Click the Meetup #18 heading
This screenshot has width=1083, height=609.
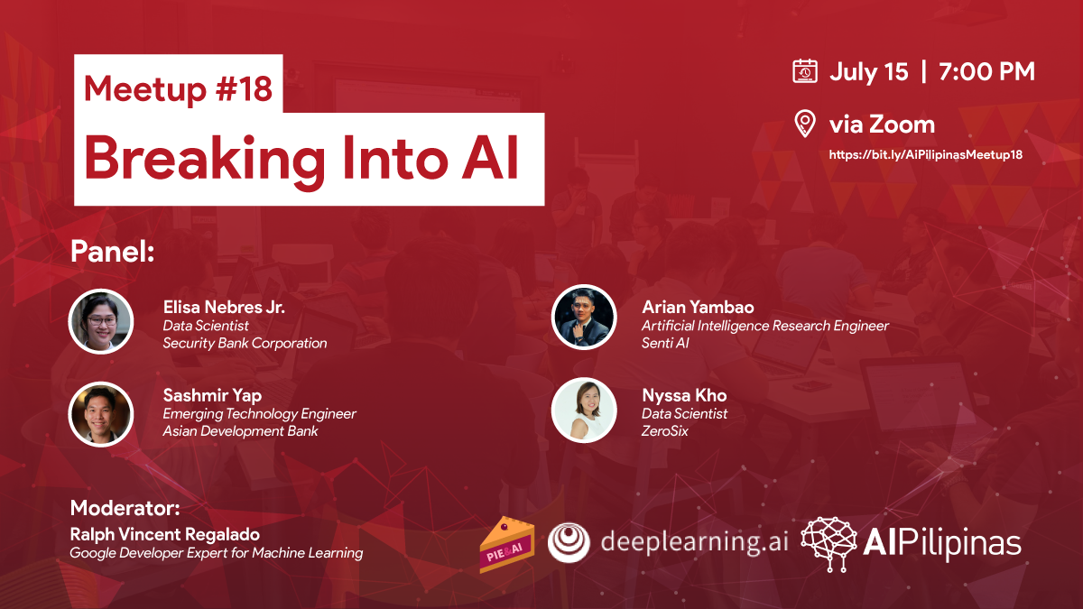(x=178, y=89)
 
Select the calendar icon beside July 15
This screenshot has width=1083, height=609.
(x=805, y=71)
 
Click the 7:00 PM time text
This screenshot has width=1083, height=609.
(x=986, y=71)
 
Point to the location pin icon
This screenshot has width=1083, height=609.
(x=805, y=124)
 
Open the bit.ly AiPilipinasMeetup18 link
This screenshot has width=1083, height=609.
(x=925, y=154)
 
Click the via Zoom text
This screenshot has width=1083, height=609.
(x=882, y=125)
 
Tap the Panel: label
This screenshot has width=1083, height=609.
(x=112, y=252)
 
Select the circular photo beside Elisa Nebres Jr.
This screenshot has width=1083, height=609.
(x=100, y=321)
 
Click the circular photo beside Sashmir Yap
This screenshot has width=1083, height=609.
(x=100, y=414)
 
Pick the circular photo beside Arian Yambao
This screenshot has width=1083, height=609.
(x=584, y=317)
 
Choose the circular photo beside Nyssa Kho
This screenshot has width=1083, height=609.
(x=584, y=410)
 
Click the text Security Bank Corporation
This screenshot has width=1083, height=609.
(x=245, y=343)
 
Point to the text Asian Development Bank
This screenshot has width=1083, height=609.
(x=240, y=431)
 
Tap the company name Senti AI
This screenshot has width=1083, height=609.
(x=665, y=343)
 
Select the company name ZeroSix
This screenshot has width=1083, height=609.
(x=664, y=431)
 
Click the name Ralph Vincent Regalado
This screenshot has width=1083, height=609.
(x=165, y=534)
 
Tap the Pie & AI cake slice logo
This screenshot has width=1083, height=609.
(x=506, y=545)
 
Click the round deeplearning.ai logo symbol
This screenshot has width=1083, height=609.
(x=569, y=543)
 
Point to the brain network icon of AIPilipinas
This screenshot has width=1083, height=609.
(x=828, y=544)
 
